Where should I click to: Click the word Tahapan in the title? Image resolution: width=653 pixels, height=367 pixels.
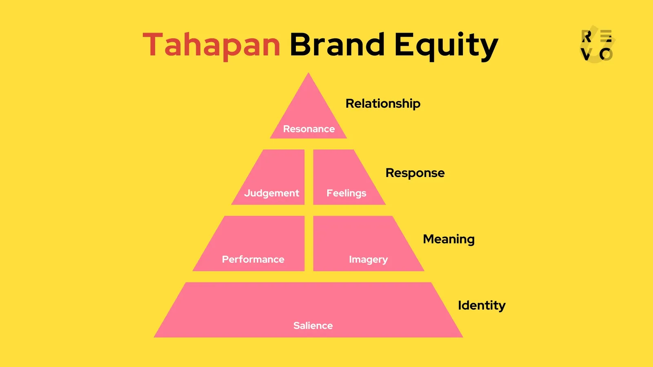211,45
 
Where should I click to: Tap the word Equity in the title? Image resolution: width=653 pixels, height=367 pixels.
446,46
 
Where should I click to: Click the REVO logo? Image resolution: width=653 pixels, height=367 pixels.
597,45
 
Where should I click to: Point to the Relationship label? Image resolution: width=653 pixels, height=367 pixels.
383,104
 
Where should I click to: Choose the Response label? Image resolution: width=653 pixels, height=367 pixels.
415,173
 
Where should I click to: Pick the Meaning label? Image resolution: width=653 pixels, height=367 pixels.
449,239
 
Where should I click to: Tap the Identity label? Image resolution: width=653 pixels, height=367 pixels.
482,305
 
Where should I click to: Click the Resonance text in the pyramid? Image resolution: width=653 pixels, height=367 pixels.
309,129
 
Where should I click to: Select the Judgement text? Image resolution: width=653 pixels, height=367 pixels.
271,193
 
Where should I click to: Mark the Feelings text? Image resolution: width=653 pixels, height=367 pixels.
346,193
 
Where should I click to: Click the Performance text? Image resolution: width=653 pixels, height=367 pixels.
253,259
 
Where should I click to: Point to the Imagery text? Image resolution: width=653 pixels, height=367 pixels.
368,260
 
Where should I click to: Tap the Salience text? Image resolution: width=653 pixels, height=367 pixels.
313,325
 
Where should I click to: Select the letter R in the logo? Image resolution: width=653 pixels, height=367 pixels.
586,36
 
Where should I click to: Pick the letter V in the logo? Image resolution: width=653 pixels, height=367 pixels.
586,54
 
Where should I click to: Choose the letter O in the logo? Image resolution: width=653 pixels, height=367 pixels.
606,54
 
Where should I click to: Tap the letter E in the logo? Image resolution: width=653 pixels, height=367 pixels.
606,36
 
